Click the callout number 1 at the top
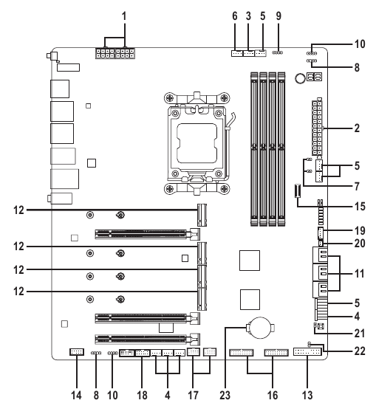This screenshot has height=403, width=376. [x=125, y=14]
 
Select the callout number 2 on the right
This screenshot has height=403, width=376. [x=357, y=128]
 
